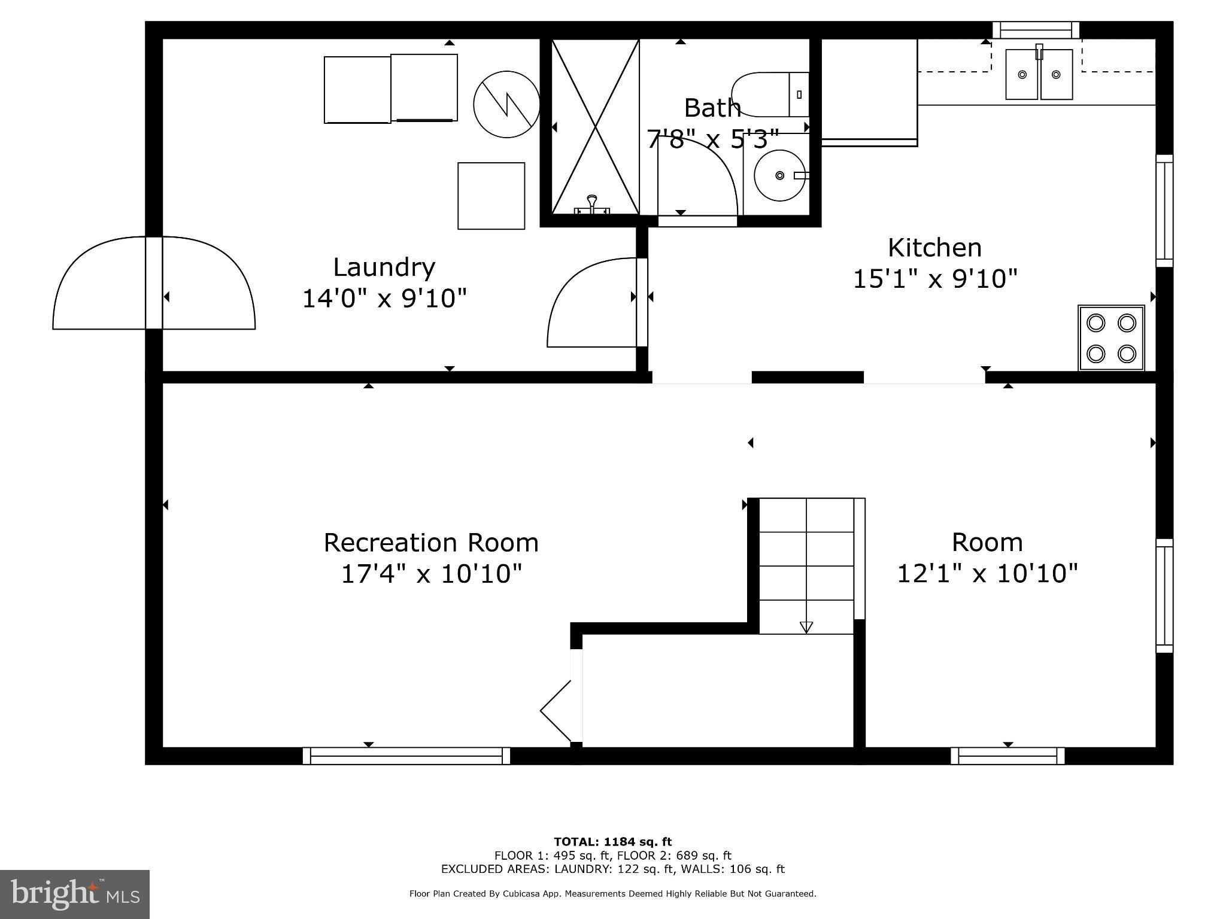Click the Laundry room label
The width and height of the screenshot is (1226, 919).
pos(384,267)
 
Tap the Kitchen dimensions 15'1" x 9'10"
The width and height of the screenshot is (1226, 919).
pos(934,279)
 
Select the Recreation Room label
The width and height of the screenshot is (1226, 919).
pos(431,543)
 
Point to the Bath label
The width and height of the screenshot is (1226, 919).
pos(712,108)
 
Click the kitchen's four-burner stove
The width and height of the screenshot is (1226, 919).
pos(1111,338)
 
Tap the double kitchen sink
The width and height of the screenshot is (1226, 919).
pos(1039,74)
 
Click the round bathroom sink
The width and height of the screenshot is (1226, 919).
pos(779,175)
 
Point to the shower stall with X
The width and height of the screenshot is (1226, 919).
pos(594,127)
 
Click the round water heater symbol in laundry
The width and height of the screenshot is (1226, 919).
pos(506,104)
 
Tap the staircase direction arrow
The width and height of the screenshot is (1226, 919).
pos(806,626)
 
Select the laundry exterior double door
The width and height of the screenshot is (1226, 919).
pos(154,284)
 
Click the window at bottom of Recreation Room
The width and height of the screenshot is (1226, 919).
pos(406,756)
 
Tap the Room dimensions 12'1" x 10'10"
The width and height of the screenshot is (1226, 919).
pos(987,573)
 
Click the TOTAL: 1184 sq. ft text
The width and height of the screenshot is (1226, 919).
pos(612,842)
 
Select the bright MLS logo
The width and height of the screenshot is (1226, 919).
pos(75,894)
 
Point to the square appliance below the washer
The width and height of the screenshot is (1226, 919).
pos(491,196)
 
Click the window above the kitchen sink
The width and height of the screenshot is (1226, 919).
pos(1036,30)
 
